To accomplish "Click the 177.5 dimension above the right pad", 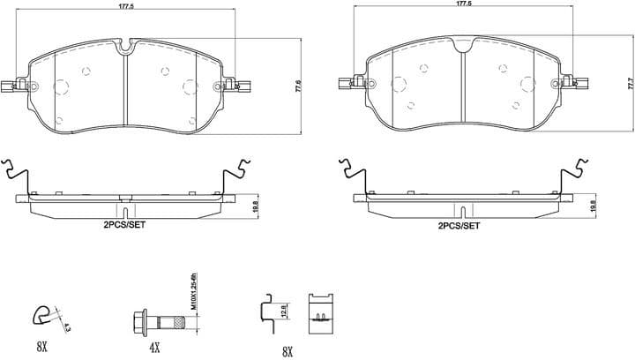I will [464, 4].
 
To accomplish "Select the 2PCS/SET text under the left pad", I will [123, 226].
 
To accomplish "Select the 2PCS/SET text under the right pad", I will [459, 226].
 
